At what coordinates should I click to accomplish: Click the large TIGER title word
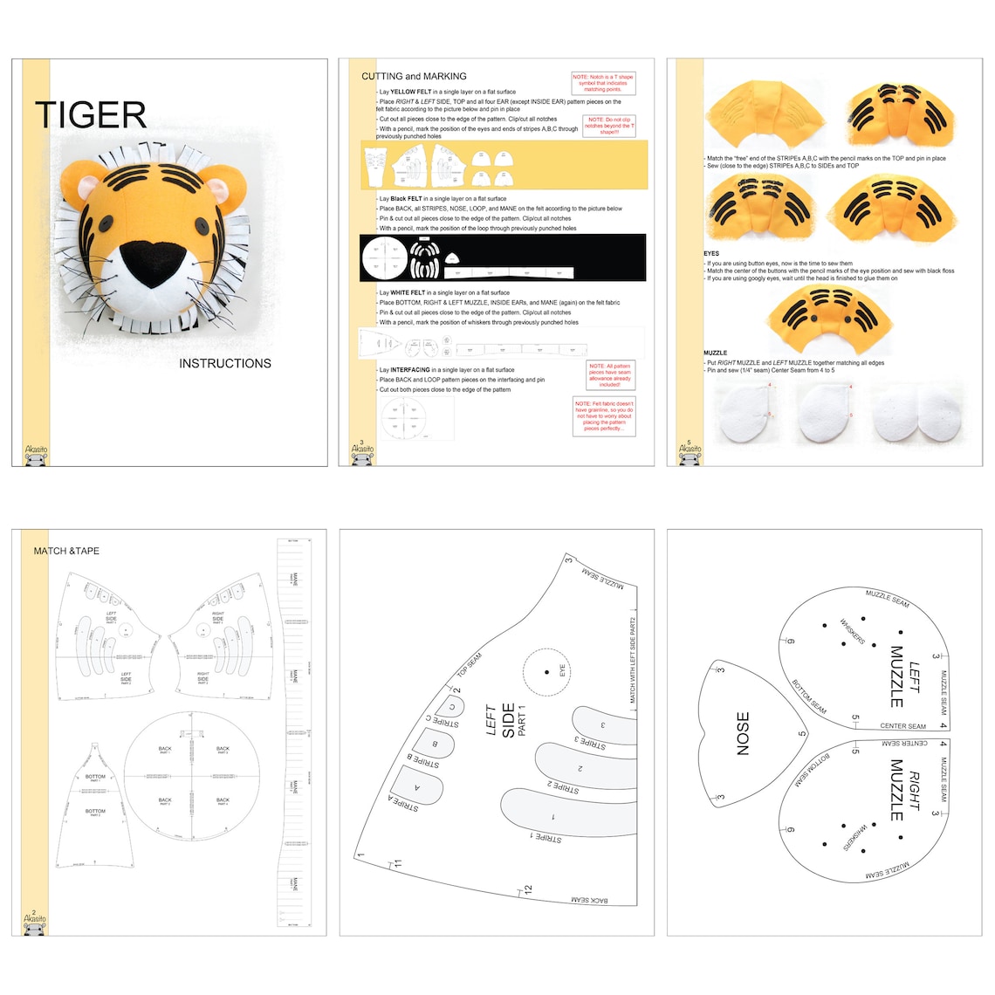coord(91,115)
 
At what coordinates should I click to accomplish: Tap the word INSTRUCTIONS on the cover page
coord(225,363)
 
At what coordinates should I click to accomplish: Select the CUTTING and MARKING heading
coord(414,77)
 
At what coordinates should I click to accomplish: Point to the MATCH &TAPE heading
coord(66,551)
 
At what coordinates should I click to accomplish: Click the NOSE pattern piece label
coord(743,733)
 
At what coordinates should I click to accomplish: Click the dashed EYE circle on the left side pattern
coord(548,672)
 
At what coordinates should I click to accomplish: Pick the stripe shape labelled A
coord(416,786)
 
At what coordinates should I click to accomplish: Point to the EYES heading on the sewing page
coord(711,254)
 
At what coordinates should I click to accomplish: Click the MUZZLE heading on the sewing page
coord(715,353)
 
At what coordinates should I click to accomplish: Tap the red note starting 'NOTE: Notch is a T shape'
coord(603,83)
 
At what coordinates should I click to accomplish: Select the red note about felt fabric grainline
coord(603,416)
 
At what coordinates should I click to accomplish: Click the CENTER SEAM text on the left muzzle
coord(902,726)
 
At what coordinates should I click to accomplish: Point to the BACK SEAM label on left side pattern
coord(589,899)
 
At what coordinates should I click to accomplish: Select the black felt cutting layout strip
coord(503,257)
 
